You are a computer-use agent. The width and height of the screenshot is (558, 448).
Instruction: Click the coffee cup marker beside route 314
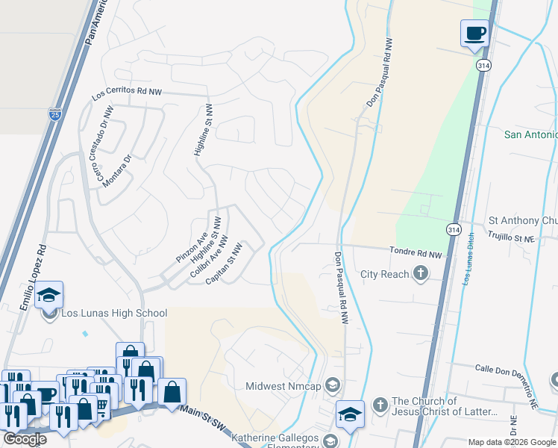475,34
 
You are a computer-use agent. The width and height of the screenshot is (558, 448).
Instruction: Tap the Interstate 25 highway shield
54,114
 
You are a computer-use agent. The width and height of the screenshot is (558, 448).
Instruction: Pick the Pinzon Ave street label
192,246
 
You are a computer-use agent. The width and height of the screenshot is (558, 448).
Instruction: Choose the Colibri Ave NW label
208,258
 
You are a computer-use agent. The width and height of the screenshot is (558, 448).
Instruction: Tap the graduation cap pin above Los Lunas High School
48,296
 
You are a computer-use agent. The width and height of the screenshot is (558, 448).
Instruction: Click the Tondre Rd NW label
416,254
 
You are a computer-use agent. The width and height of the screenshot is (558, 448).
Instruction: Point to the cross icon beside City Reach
421,274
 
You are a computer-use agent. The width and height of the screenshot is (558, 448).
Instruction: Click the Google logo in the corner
24,438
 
